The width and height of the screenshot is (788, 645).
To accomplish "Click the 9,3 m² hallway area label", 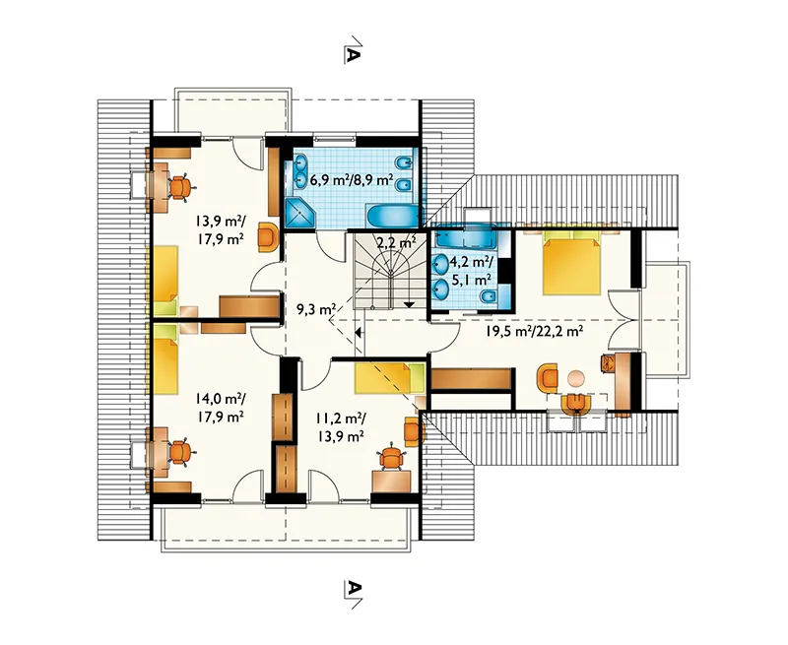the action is pos(315,309).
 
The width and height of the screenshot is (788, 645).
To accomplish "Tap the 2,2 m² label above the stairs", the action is pos(397,242).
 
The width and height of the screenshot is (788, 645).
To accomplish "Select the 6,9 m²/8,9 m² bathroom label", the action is pos(352,179).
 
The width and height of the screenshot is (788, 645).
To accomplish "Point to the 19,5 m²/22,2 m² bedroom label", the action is pos(534,330).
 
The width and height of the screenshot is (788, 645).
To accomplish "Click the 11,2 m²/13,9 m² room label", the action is pos(341,426).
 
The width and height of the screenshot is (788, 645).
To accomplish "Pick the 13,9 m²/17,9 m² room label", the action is pos(220,228).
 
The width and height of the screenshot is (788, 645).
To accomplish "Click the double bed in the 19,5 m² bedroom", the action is pos(572,265).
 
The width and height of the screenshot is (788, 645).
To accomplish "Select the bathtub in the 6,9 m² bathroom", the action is pos(392,216).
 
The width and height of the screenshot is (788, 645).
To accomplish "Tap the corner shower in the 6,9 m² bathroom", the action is pos(299,213).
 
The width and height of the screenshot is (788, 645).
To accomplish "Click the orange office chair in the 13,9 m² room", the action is pos(180,187).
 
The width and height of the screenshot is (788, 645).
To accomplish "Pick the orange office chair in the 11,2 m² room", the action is pos(391,457).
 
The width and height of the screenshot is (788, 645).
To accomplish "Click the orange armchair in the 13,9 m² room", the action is pos(268,237).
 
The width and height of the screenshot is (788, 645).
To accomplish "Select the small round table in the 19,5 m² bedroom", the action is pos(576,378).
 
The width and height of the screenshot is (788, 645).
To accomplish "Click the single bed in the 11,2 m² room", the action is pos(389,378).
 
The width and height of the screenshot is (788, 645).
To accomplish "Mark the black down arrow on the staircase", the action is pos(409,304).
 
